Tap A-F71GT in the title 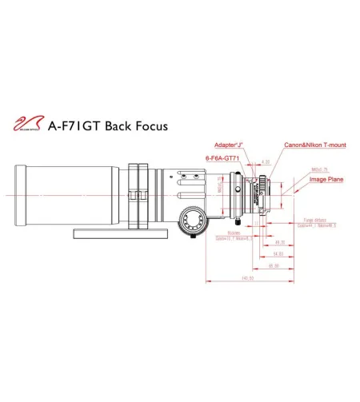[x=75, y=125]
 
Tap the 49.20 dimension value [x=280, y=241]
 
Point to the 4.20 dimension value [x=266, y=162]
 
